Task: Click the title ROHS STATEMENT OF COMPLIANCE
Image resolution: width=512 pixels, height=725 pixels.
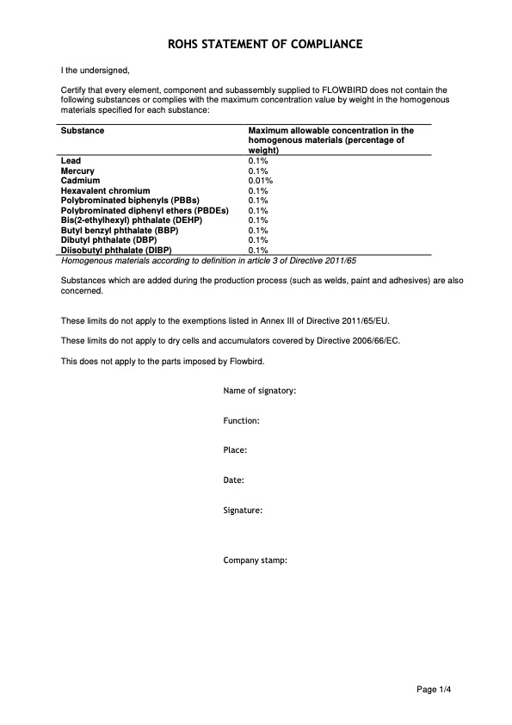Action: click(256, 43)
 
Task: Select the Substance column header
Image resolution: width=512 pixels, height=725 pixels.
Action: click(83, 131)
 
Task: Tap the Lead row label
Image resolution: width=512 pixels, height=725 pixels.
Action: click(71, 161)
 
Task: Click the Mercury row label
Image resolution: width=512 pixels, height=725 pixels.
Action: click(77, 171)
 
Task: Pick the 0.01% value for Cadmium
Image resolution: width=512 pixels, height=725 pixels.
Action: click(260, 181)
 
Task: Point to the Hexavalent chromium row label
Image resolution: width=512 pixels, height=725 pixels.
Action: click(105, 190)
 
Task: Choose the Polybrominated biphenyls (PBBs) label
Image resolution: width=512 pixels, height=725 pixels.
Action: click(130, 201)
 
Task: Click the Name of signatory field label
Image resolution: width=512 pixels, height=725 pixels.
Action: click(260, 391)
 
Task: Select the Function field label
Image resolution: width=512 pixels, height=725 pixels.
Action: click(242, 421)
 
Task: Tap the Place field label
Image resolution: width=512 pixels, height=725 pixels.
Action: click(236, 450)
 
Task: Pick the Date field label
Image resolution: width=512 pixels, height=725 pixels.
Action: click(234, 480)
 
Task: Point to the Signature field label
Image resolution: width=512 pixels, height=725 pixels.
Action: click(243, 511)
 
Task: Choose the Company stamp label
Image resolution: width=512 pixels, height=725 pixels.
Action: click(256, 560)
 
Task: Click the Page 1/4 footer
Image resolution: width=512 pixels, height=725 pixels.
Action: click(434, 689)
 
